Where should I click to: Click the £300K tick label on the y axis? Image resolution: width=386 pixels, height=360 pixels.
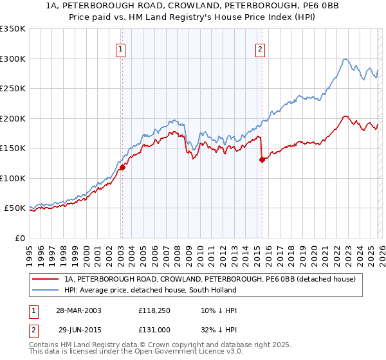point(13,59)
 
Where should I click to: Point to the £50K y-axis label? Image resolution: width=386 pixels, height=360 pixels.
point(15,208)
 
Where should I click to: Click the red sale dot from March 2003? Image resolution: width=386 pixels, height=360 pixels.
point(122,167)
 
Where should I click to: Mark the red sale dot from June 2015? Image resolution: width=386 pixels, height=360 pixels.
point(262,160)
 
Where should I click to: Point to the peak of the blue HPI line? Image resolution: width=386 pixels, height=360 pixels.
point(345,59)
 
